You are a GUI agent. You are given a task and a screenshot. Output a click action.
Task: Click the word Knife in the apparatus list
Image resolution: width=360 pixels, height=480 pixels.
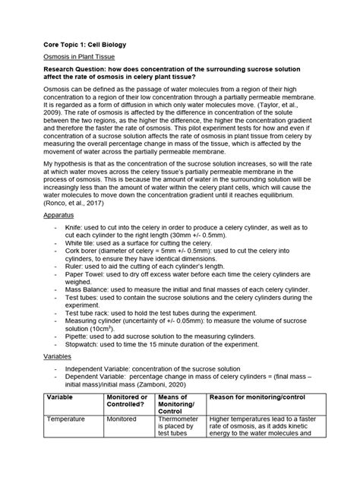tap(74, 226)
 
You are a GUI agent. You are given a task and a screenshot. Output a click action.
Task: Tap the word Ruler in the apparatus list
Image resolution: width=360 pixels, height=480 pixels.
tap(75, 272)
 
